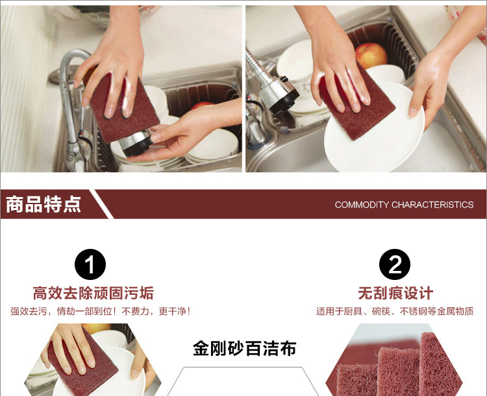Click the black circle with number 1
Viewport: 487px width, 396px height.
tap(91, 264)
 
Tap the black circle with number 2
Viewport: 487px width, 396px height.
tap(395, 264)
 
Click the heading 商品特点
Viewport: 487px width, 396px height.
tap(44, 205)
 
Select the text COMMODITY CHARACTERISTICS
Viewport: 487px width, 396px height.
tap(404, 205)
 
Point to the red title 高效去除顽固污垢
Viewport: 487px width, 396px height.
tap(94, 293)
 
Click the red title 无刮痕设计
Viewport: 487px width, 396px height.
tap(395, 293)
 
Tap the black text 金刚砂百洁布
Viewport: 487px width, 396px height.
tap(244, 349)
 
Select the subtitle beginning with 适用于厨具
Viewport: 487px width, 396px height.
tap(395, 312)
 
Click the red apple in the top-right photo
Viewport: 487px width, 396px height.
tap(371, 56)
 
